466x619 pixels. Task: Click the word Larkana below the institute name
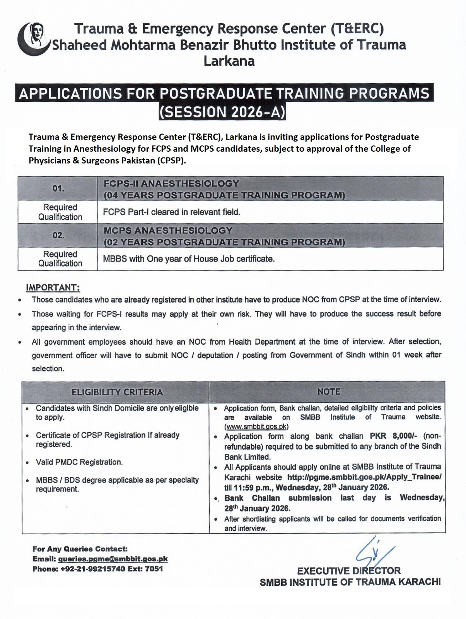tap(229, 61)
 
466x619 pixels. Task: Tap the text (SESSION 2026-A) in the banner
tap(222, 112)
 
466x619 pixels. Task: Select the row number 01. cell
tap(58, 188)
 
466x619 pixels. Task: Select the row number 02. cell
tap(58, 235)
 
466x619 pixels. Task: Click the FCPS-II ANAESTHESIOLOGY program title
tap(171, 183)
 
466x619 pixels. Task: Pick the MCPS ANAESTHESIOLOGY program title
tap(168, 230)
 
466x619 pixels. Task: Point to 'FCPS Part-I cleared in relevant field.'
tap(172, 212)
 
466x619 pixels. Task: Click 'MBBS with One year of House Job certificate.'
tap(189, 259)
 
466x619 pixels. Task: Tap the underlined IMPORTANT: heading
tap(53, 287)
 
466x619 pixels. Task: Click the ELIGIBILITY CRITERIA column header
tap(117, 392)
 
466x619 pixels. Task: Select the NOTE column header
tap(328, 392)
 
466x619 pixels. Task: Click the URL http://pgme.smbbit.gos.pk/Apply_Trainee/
tap(364, 477)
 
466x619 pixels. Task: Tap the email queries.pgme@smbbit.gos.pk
tap(113, 559)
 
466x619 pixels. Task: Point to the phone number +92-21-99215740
tap(97, 569)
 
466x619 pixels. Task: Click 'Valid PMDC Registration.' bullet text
tap(79, 462)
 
